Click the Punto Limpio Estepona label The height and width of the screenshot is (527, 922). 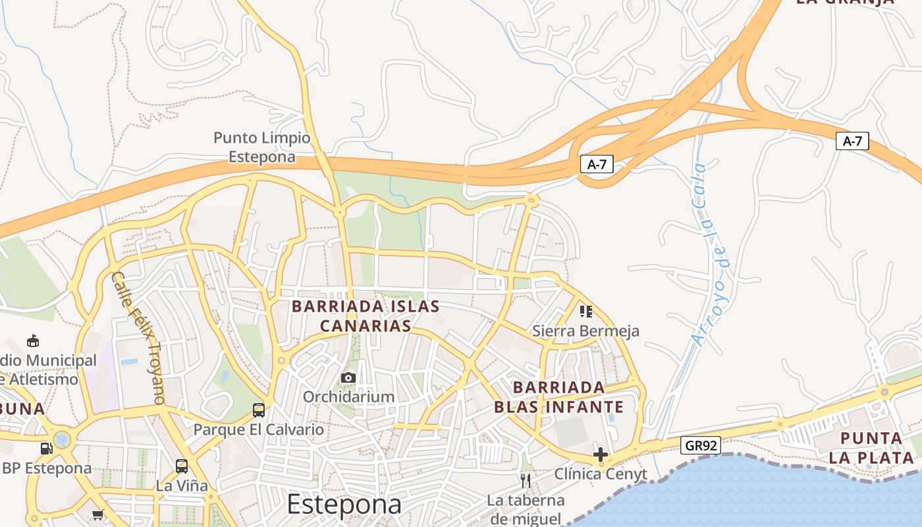(x=261, y=147)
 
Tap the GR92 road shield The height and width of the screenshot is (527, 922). (x=701, y=445)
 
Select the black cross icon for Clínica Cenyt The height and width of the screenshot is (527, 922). (x=600, y=454)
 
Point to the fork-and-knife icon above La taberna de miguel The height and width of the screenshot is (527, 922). (x=526, y=480)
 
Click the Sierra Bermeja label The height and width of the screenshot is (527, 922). (x=585, y=331)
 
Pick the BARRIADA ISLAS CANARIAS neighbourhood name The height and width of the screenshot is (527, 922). (x=366, y=316)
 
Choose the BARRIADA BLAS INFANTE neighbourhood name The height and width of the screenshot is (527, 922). (x=558, y=397)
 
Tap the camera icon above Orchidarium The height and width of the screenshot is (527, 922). (x=348, y=377)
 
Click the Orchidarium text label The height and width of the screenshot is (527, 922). (x=348, y=397)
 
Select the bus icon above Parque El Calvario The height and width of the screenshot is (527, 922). (x=259, y=410)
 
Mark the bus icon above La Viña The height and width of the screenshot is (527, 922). (x=182, y=466)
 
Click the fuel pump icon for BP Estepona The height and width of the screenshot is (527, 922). (x=46, y=449)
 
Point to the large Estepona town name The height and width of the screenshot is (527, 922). (x=344, y=505)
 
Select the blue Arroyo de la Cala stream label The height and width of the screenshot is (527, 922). (x=710, y=254)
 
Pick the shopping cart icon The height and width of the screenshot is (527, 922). (x=98, y=514)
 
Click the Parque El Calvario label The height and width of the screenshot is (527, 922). (x=259, y=430)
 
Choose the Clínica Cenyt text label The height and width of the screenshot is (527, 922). (x=600, y=474)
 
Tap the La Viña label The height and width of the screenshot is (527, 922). (x=182, y=486)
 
